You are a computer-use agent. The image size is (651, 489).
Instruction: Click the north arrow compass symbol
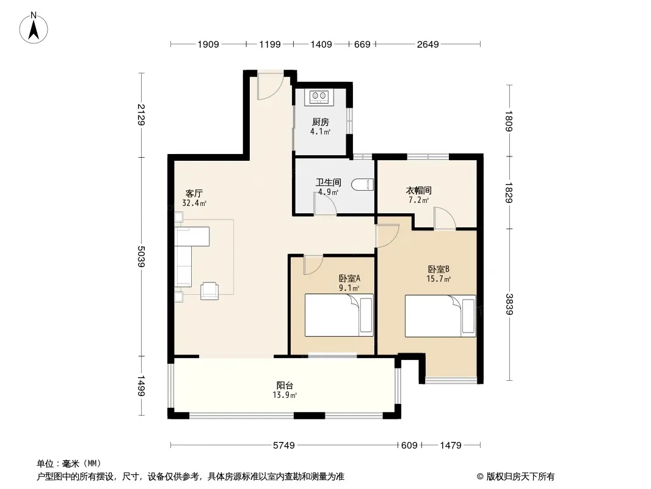pos(34,28)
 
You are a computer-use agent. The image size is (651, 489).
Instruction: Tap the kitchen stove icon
pos(319,97)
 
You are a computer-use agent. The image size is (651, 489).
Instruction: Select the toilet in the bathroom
pos(363,185)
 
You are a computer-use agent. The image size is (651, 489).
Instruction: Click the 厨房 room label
pos(321,122)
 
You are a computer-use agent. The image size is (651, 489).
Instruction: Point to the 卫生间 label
pos(329,182)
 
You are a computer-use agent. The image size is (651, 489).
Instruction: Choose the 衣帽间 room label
pos(418,190)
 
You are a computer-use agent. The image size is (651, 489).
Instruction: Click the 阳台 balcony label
pos(285,386)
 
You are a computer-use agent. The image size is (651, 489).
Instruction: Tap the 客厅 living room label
pos(194,194)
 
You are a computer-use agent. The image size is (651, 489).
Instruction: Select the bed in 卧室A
pos(339,315)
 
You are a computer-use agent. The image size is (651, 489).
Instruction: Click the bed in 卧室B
pos(440,316)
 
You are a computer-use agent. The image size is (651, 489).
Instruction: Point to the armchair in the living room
pos(209,290)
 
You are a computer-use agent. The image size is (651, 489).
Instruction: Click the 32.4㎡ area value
pos(194,203)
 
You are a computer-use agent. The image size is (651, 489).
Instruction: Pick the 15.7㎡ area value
pos(438,279)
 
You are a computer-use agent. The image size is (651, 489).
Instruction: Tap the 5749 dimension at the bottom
pos(284,446)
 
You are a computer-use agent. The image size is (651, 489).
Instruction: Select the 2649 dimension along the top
pos(428,44)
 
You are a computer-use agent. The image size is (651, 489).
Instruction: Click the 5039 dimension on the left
pos(141,256)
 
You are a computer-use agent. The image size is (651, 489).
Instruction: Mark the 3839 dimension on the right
pos(509,304)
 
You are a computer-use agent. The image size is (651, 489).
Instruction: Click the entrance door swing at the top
pos(271,87)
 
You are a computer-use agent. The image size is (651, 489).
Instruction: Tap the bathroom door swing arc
pos(325,204)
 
